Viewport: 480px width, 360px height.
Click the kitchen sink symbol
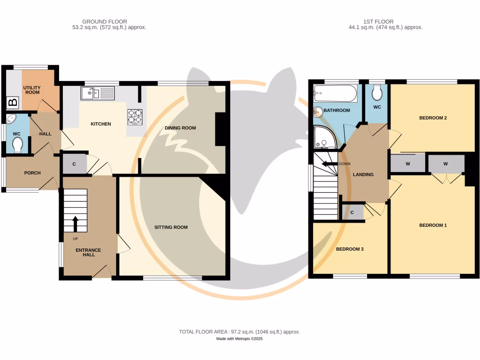97,93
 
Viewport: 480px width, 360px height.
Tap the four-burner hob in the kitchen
135,117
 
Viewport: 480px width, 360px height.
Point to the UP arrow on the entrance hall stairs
75,223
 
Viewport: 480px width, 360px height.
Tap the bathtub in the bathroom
335,93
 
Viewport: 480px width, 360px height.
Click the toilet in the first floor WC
376,93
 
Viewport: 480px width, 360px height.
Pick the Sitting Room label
171,227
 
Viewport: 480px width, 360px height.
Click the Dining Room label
180,128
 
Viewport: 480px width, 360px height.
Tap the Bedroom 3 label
350,249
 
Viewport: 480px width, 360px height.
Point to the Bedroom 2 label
432,118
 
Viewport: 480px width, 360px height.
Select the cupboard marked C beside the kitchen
75,164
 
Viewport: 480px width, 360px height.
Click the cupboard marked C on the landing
352,212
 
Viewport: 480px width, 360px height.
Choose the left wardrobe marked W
408,164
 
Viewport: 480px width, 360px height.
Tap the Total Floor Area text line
240,332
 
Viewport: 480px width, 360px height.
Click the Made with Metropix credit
240,339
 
